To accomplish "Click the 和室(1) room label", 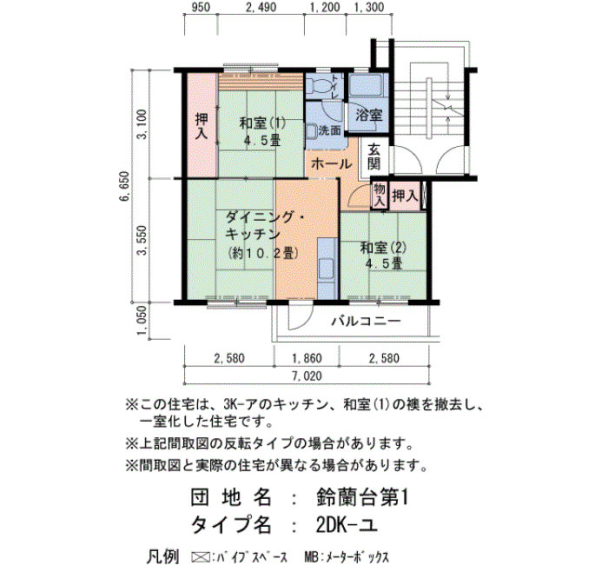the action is click(x=262, y=123).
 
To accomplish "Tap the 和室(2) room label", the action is click(x=383, y=248).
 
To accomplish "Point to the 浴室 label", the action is click(x=369, y=116).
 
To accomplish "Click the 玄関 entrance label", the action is click(x=373, y=157).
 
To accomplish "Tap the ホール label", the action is click(x=331, y=164).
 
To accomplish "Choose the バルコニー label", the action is click(x=366, y=322).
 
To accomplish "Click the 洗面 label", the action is click(x=329, y=130).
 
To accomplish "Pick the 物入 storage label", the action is click(x=380, y=196).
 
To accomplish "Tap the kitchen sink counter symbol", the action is click(x=327, y=269).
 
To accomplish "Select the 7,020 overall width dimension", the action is click(x=307, y=376).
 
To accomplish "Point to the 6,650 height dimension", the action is click(x=125, y=186).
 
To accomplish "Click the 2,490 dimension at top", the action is click(x=261, y=7).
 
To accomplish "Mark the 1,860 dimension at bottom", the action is click(x=307, y=358).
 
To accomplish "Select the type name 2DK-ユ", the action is click(x=347, y=525).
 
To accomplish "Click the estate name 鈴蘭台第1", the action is click(x=362, y=498).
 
